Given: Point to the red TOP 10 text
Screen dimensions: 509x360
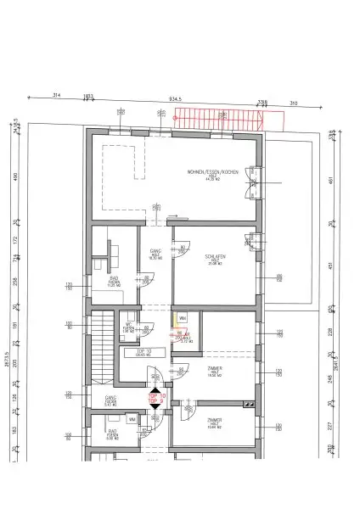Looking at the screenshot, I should (x=156, y=396).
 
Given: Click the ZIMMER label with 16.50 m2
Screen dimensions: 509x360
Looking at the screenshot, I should (x=214, y=370).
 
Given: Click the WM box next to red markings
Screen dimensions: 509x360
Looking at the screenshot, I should (x=181, y=319).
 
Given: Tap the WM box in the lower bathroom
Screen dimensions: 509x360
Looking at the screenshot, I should (x=132, y=419).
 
